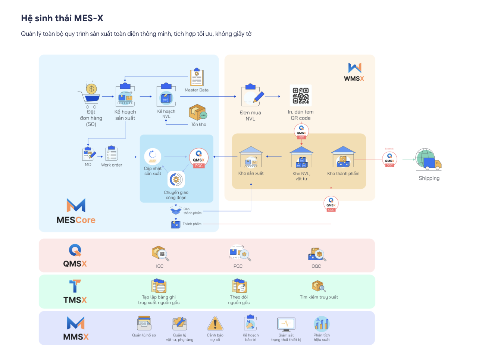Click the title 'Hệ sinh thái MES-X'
click(62, 18)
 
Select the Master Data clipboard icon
click(197, 78)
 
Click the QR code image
click(300, 96)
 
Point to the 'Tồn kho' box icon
click(197, 112)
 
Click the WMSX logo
click(354, 72)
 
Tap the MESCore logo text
click(76, 220)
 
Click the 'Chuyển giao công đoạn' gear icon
click(176, 180)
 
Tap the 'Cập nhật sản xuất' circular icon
click(153, 156)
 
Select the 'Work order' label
click(112, 165)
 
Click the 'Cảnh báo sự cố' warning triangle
click(215, 324)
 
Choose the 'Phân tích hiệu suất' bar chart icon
click(321, 324)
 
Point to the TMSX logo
click(75, 292)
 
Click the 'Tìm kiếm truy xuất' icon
click(319, 286)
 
